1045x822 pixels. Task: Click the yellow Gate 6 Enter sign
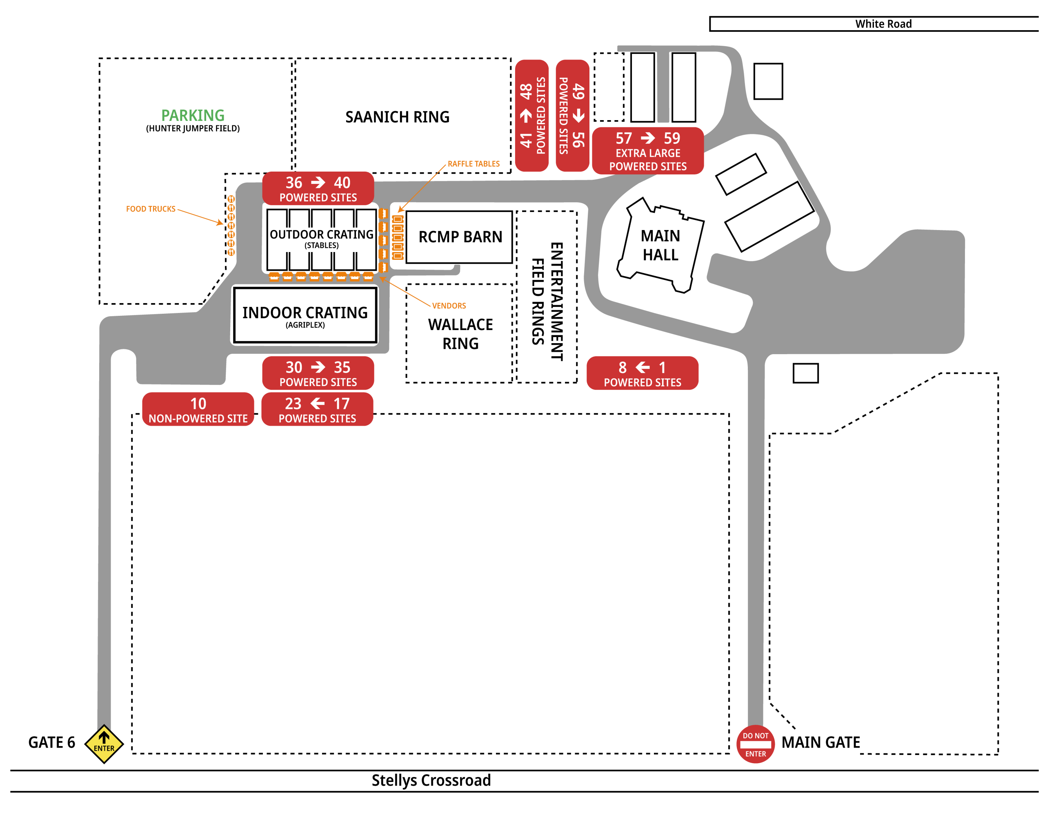coord(104,744)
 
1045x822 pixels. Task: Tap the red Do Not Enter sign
coord(755,744)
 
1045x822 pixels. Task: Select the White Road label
coord(883,24)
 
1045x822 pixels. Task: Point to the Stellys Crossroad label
coord(431,780)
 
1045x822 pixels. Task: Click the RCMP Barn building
coord(459,237)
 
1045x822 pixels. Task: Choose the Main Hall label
coord(660,245)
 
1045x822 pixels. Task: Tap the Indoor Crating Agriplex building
coord(305,315)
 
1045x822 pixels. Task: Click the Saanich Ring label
coord(397,117)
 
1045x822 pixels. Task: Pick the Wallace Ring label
coord(460,334)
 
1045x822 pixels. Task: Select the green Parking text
coord(192,115)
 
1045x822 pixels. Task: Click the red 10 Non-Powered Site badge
coord(198,409)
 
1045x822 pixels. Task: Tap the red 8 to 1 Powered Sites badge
coord(642,373)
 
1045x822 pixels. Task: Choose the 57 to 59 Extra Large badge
coord(647,151)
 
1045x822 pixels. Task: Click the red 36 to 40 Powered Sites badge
coord(318,188)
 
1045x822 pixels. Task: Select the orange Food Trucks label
coord(151,209)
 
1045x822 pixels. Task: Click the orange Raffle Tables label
coord(473,164)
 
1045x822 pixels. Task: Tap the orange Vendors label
coord(449,306)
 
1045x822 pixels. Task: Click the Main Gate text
coord(820,742)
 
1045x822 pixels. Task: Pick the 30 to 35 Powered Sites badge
coord(318,373)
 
